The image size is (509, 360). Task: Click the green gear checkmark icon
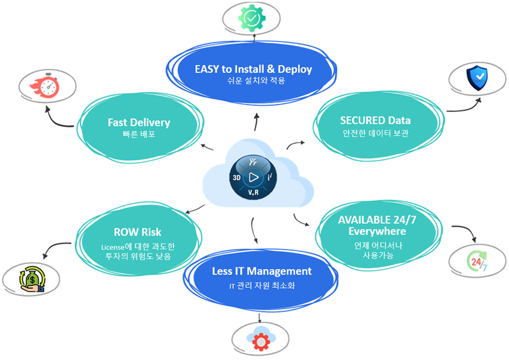(253, 18)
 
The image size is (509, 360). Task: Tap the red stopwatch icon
(49, 87)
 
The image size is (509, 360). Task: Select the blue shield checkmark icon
(476, 79)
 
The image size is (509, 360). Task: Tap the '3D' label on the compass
(237, 178)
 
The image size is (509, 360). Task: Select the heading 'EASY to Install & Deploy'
(253, 69)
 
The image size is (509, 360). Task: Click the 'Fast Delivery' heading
(138, 122)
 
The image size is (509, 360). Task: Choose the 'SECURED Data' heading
(375, 119)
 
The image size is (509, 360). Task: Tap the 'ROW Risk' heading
(137, 232)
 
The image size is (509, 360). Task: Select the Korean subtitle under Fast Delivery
(138, 134)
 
